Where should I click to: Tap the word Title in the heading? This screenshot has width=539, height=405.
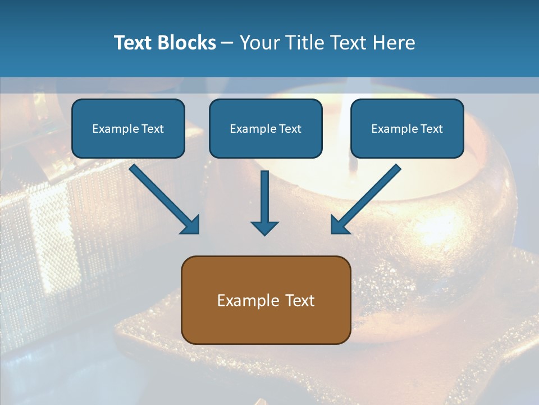308,43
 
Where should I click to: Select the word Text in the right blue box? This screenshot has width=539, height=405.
431,129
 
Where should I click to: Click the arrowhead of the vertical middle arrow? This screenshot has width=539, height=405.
264,228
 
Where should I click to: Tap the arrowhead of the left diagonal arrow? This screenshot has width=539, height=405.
191,224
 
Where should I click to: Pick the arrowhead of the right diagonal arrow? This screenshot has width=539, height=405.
339,224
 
